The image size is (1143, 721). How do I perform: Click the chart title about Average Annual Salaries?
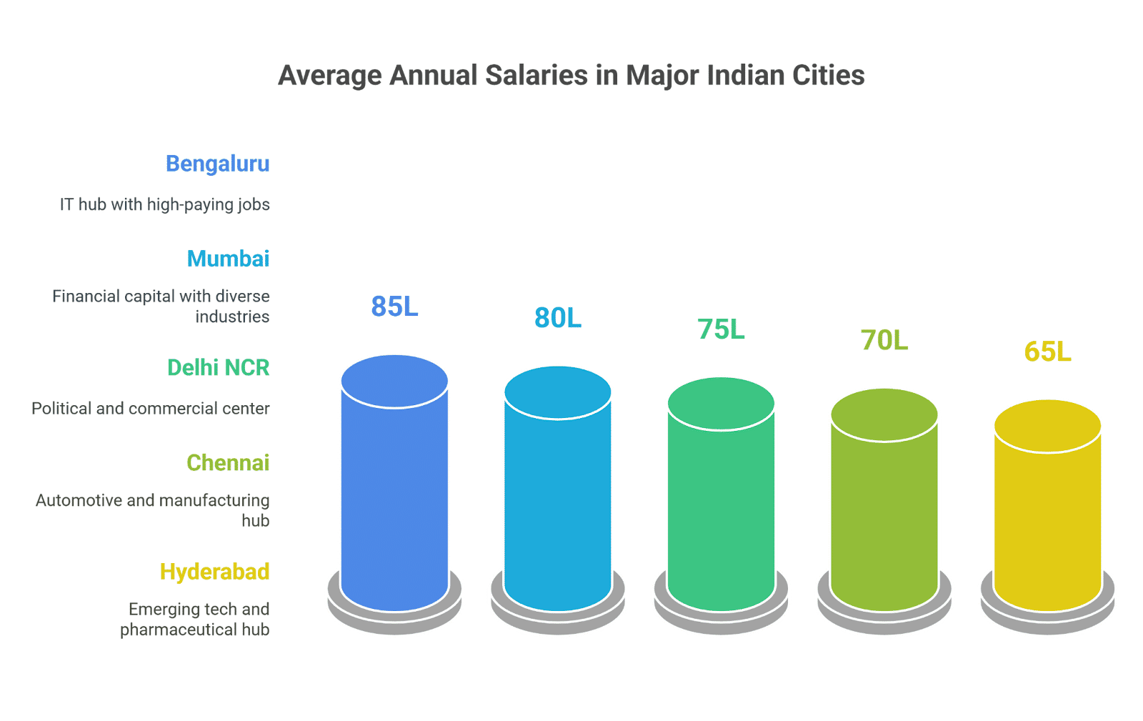[571, 76]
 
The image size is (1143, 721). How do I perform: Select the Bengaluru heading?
[218, 164]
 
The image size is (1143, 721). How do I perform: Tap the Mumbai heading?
[228, 259]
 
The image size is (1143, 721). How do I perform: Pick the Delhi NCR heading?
[219, 367]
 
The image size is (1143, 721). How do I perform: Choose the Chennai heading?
[228, 463]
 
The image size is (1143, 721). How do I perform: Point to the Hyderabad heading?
[215, 572]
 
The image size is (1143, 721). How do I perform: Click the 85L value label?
[394, 306]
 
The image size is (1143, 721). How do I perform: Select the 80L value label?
[558, 317]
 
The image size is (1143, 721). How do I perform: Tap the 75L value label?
[721, 329]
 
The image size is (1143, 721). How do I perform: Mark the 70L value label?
[884, 340]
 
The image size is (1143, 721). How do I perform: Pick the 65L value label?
[1047, 351]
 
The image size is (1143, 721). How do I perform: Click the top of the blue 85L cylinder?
[394, 381]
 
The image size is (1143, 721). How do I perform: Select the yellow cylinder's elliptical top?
[1047, 426]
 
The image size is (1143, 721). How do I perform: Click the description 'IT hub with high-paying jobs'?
[165, 204]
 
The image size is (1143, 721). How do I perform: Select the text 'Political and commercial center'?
[151, 408]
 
